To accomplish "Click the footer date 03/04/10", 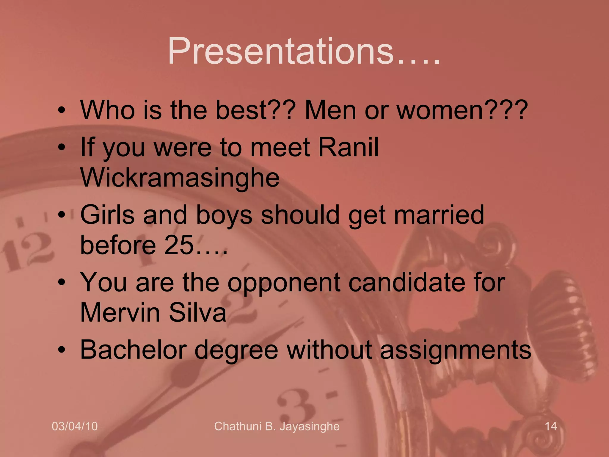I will (x=75, y=426).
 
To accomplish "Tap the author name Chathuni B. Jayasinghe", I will (x=277, y=426).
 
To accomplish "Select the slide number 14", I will (x=551, y=426).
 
